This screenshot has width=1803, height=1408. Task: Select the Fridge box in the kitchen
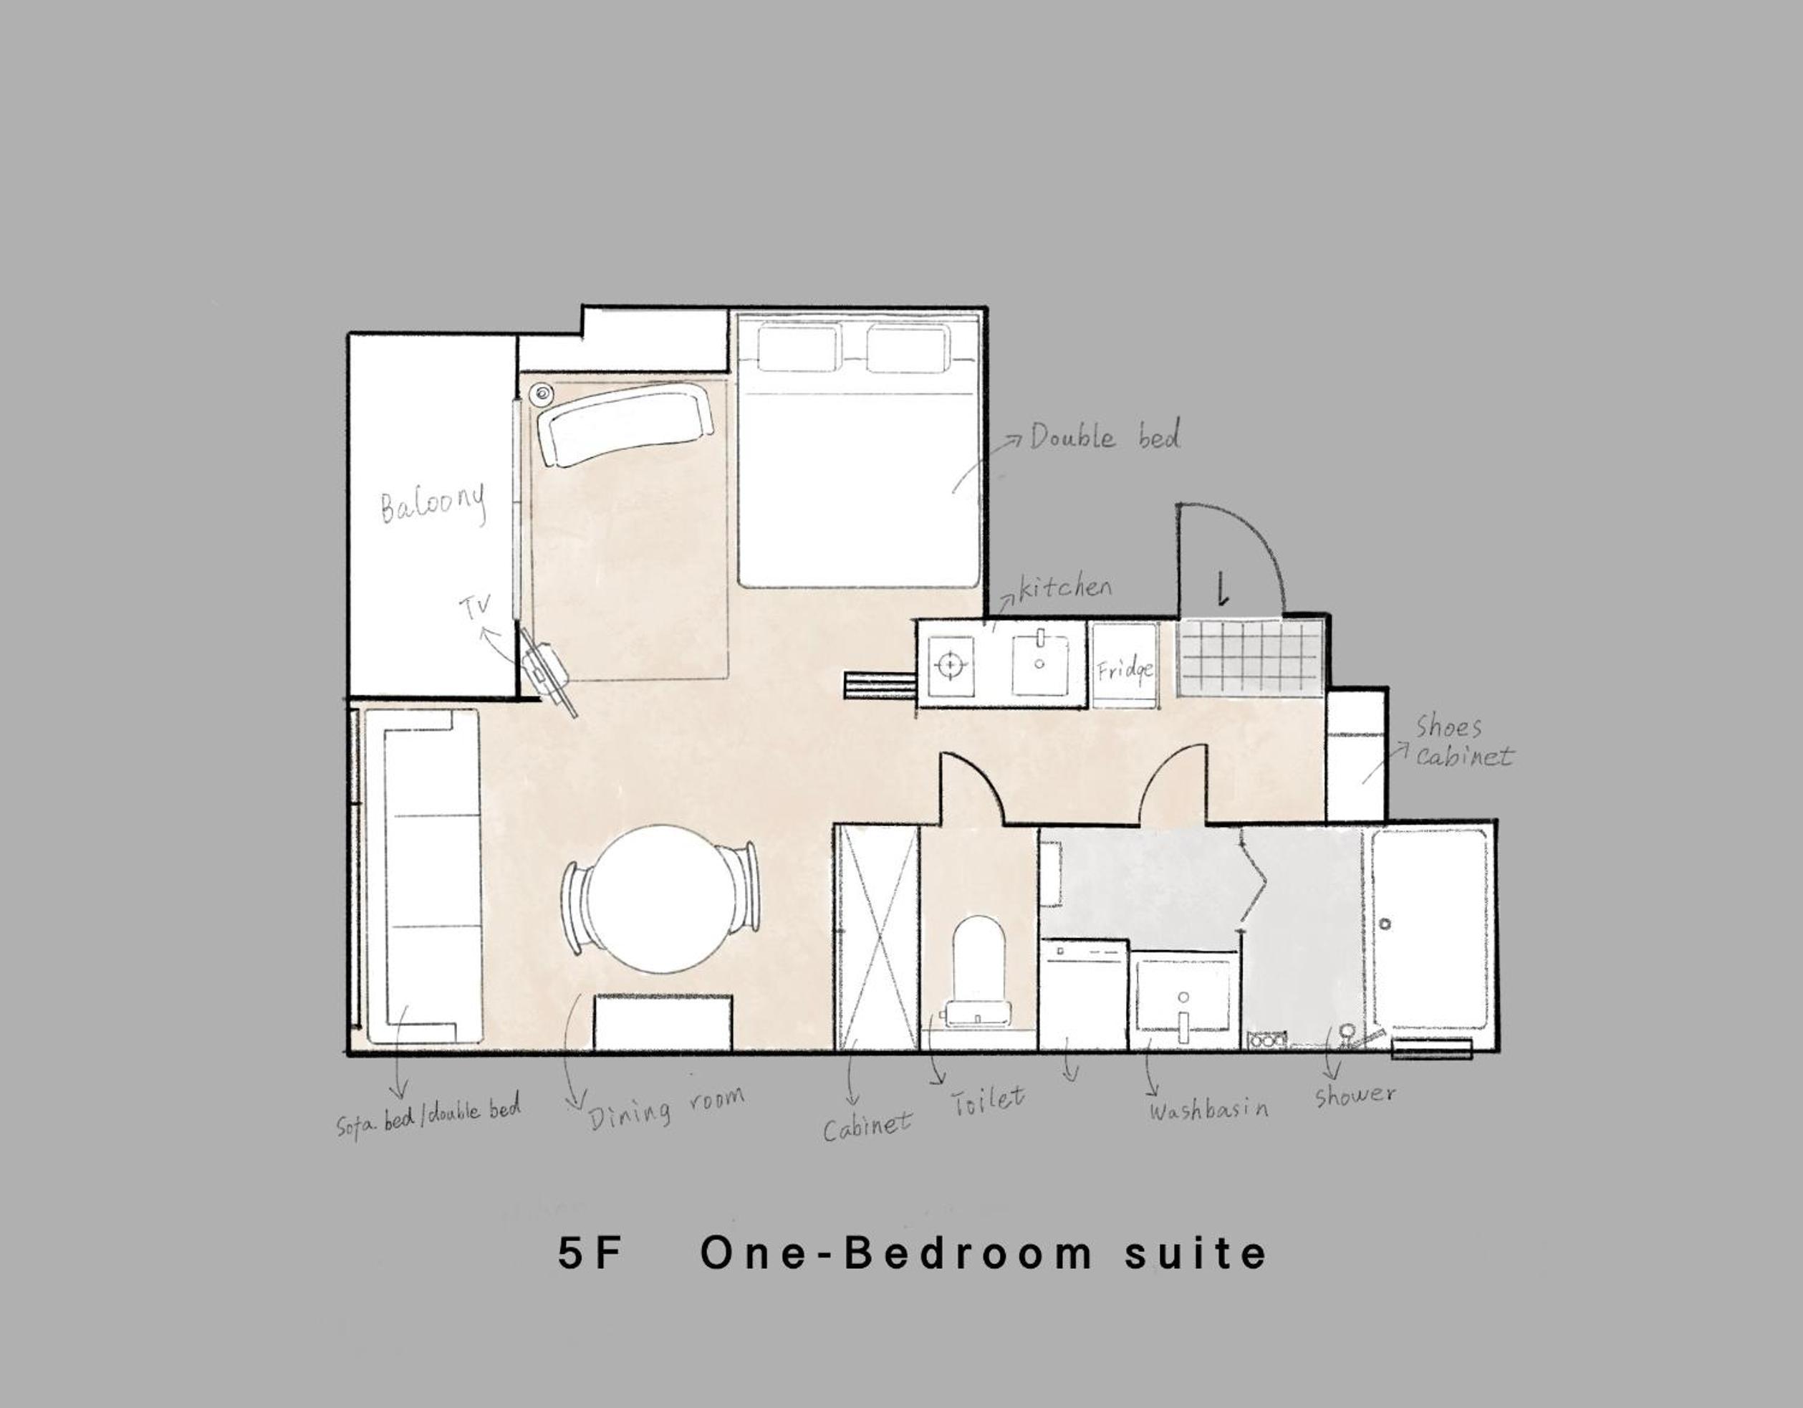click(x=1125, y=666)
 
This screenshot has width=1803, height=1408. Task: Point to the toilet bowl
click(x=979, y=970)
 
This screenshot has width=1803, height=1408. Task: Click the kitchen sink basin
click(x=1039, y=665)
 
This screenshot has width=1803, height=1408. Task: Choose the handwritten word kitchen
click(x=1065, y=587)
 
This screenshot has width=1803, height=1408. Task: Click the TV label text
click(x=475, y=607)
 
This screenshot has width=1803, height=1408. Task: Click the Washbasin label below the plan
click(x=1208, y=1109)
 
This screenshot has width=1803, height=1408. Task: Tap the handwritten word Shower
click(x=1355, y=1095)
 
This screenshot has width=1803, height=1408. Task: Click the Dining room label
click(x=665, y=1107)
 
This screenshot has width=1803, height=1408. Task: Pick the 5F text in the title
click(x=590, y=1253)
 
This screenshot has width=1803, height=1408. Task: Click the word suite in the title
click(x=1195, y=1253)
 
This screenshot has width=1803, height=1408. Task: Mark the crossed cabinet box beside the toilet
click(x=878, y=937)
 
